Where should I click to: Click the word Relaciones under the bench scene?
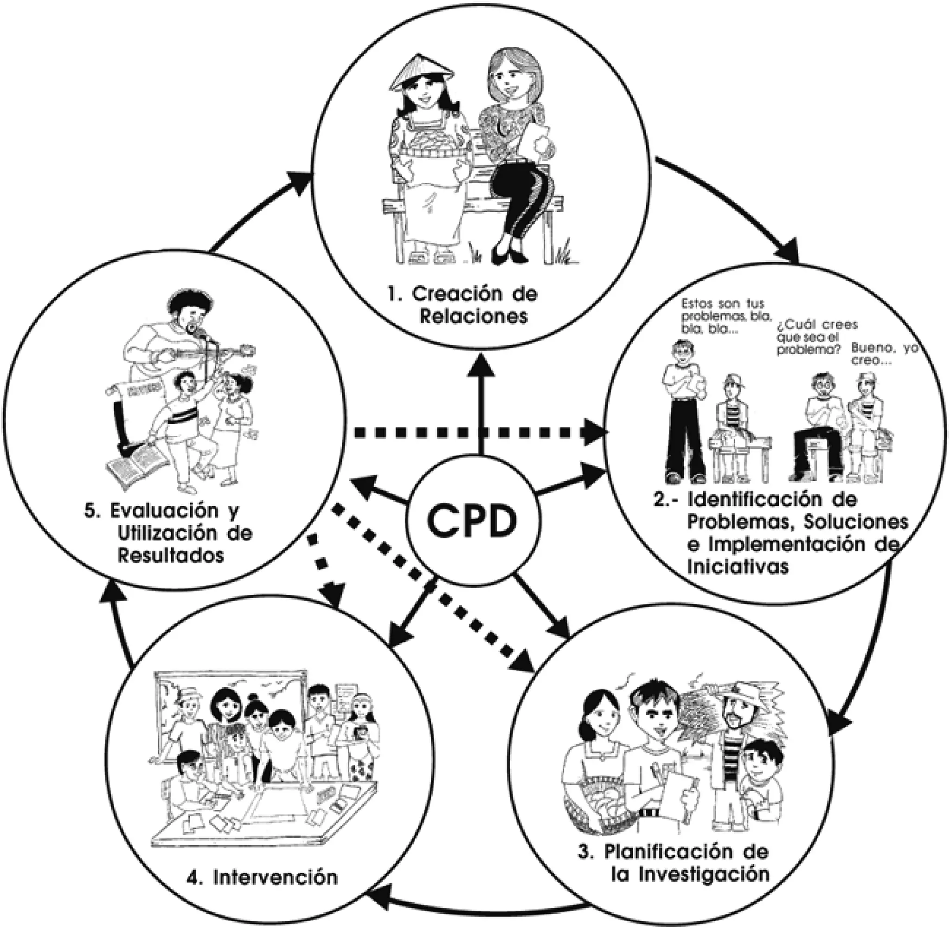coord(474,317)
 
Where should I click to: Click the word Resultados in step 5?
coord(170,555)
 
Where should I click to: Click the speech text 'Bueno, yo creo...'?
coord(885,354)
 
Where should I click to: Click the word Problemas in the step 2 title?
coord(737,522)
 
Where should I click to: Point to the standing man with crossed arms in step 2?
coord(682,410)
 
